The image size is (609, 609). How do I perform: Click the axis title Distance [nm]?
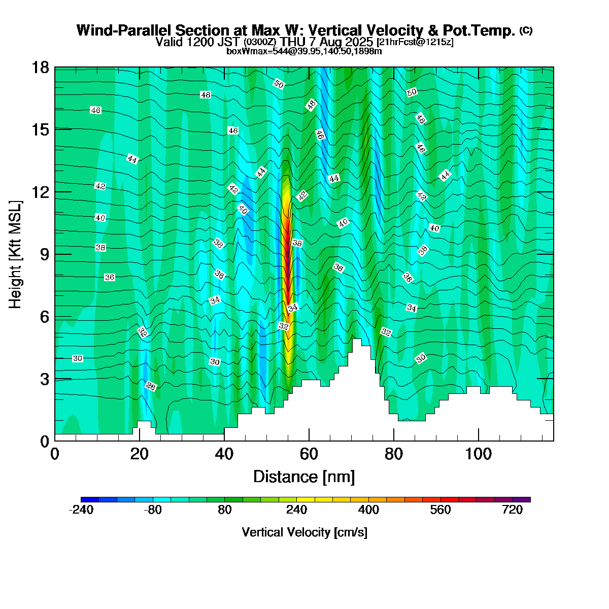304,477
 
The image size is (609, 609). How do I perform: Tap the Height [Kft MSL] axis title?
16,254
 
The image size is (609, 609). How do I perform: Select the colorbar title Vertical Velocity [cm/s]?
304,532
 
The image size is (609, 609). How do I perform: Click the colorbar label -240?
81,510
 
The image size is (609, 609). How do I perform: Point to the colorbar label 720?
512,510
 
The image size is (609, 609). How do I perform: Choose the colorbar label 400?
368,510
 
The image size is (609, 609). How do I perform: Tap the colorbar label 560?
440,510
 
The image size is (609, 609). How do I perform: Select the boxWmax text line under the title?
304,51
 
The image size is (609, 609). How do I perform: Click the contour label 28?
151,386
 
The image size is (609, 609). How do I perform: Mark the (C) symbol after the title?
526,30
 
